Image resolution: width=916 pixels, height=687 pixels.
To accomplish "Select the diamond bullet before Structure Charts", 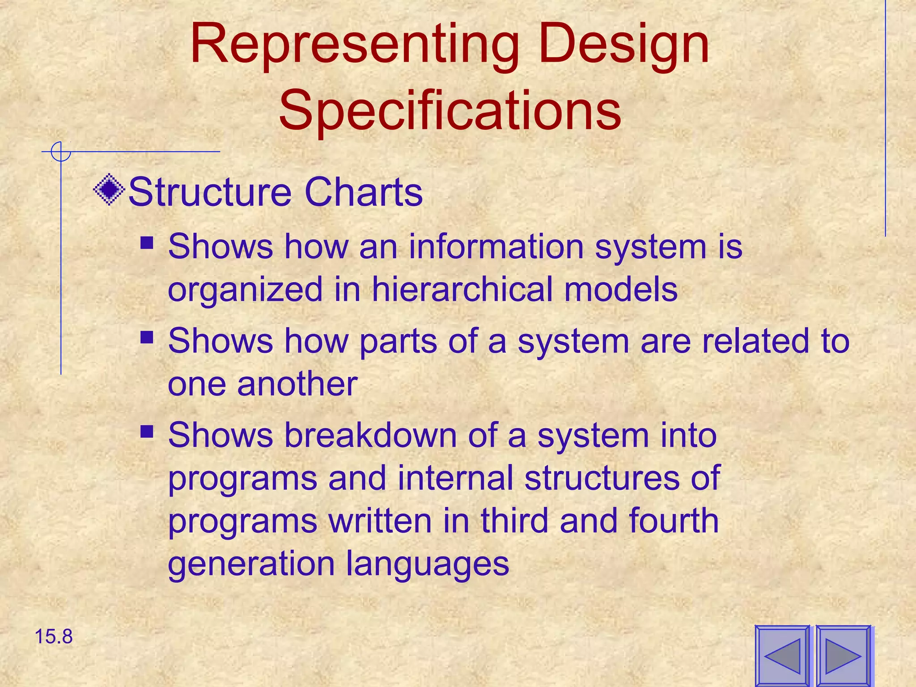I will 109,190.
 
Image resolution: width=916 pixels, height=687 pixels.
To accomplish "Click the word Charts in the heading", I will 363,192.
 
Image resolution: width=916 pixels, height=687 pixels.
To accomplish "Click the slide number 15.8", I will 53,636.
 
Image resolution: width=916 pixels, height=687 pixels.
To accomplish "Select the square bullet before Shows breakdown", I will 147,432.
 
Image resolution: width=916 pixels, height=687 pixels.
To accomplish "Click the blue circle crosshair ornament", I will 60,152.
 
